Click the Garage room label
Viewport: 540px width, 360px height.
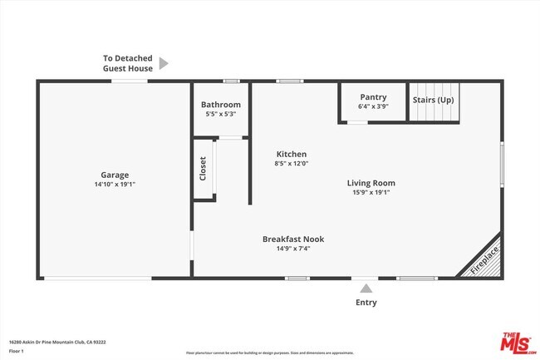pos(115,175)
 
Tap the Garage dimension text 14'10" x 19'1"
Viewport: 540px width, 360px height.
pos(115,184)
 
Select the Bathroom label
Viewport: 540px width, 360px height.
pos(221,105)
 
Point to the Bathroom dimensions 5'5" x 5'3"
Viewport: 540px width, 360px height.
pos(221,114)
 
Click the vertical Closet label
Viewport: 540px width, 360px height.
pos(203,169)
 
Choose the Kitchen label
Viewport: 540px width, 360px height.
pos(292,154)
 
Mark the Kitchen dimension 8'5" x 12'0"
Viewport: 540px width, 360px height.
pos(292,164)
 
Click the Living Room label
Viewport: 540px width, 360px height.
pos(371,183)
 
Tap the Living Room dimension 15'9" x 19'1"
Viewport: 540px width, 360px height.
pos(371,192)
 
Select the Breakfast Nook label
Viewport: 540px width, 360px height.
pos(293,239)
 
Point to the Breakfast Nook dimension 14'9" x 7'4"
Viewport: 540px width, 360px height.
pos(293,248)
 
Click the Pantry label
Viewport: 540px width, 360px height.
pos(372,96)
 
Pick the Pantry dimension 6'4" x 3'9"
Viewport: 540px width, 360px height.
pos(372,106)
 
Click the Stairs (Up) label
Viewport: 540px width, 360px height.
pos(434,100)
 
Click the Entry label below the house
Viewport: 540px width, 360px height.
pos(366,303)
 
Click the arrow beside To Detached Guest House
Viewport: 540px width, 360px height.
pos(164,63)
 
